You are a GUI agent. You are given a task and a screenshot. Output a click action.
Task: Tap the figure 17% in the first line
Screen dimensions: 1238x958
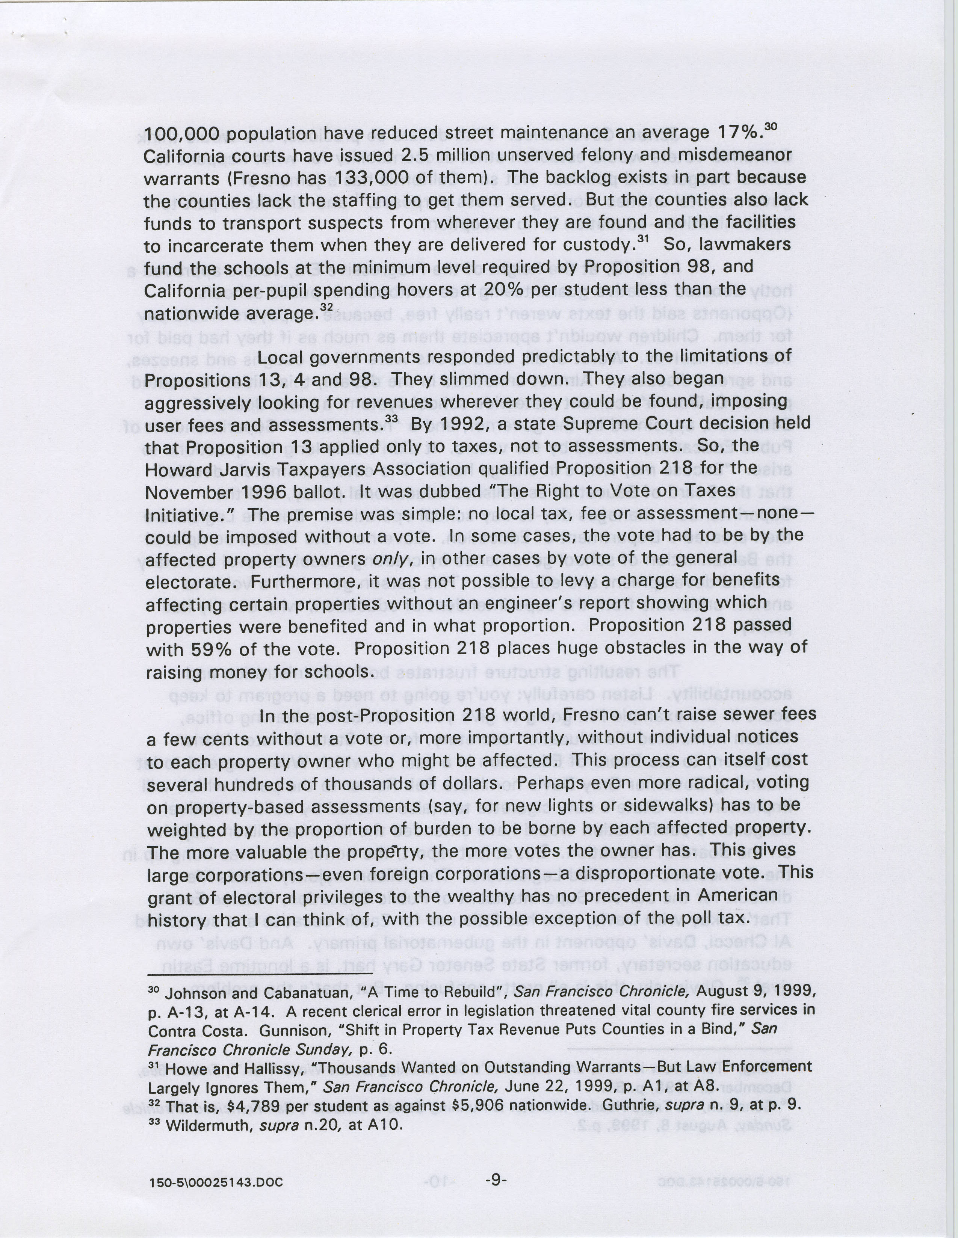pos(738,134)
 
